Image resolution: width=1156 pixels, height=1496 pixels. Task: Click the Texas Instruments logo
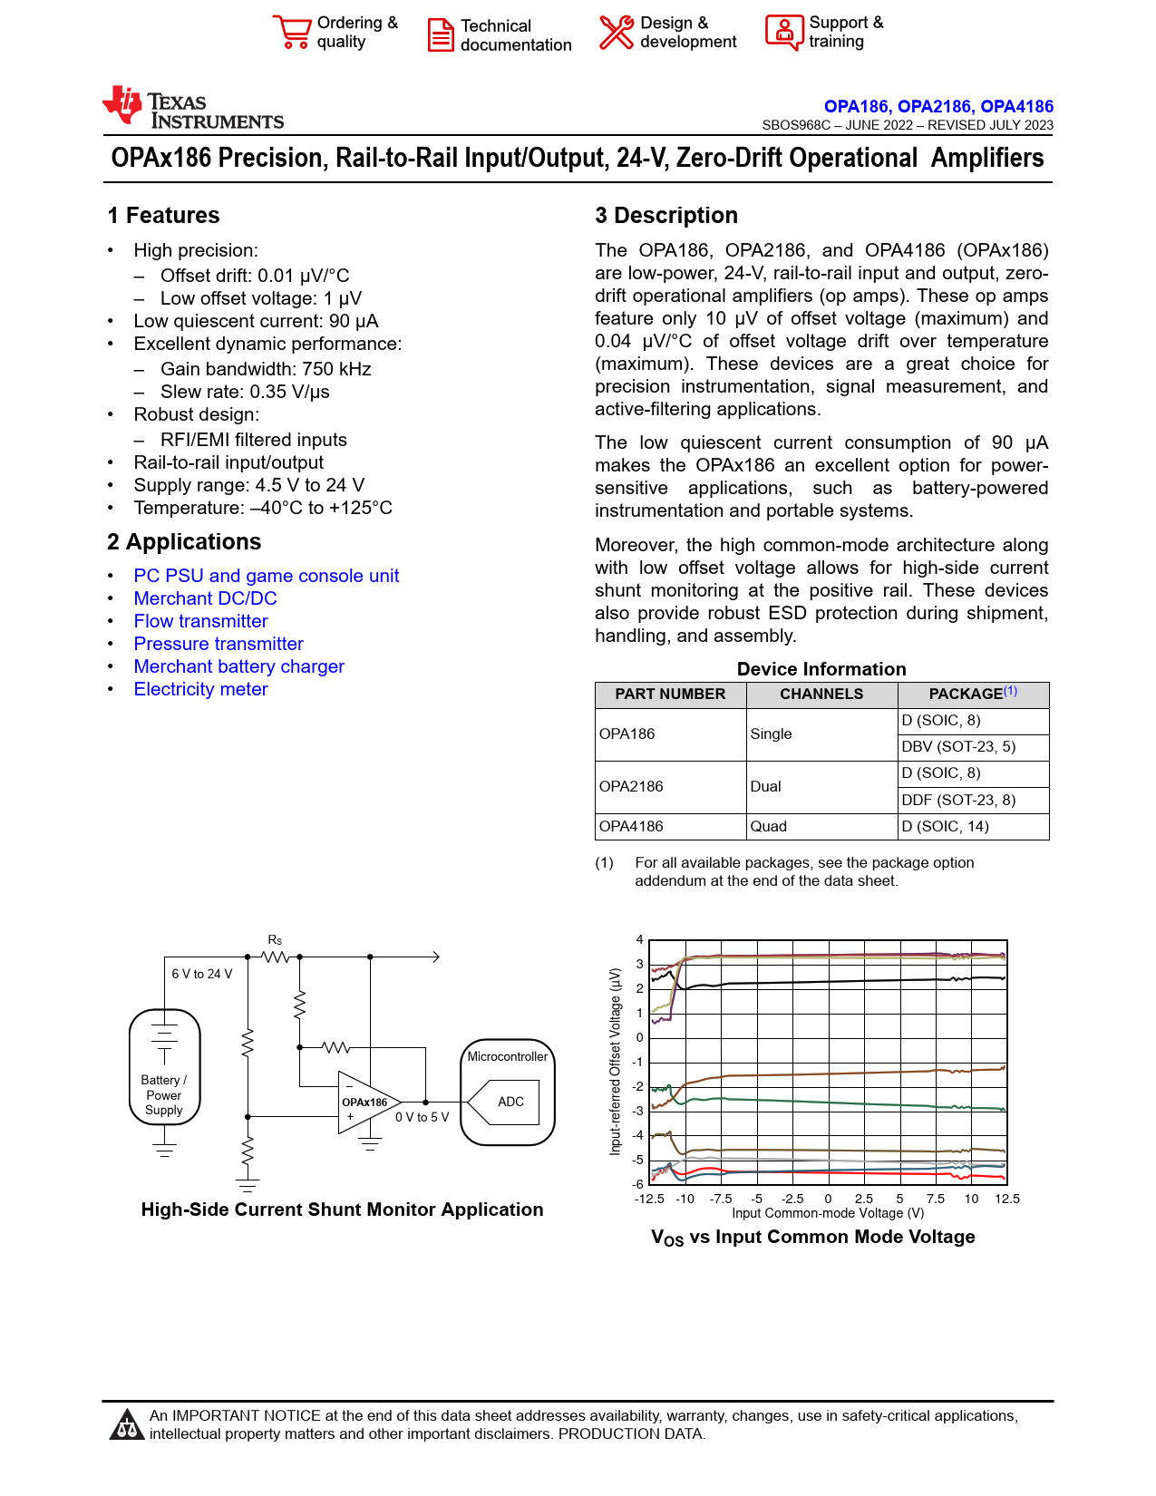[x=193, y=107]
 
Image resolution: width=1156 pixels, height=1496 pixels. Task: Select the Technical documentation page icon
[x=441, y=35]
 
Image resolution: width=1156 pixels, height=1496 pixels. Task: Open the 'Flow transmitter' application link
[x=200, y=621]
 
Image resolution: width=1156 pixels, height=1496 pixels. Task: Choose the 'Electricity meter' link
[x=200, y=689]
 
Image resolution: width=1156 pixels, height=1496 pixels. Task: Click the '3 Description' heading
[x=665, y=216]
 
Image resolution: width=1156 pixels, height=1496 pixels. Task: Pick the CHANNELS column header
[x=821, y=694]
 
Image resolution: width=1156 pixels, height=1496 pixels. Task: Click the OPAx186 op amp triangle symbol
[x=368, y=1103]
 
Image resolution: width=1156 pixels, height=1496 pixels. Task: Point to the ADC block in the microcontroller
[x=510, y=1102]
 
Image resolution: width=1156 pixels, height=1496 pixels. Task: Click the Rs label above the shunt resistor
[x=275, y=939]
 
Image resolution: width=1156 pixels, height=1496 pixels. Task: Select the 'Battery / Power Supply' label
[x=164, y=1094]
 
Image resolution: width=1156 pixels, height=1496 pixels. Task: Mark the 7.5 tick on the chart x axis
[x=935, y=1199]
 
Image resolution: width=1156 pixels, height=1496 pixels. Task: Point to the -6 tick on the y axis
[x=637, y=1184]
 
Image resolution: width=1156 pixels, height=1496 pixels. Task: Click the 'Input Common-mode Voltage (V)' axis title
[x=828, y=1213]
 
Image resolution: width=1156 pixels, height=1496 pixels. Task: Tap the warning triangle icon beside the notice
[x=127, y=1424]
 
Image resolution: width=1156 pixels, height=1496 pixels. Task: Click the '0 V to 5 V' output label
[x=422, y=1117]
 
